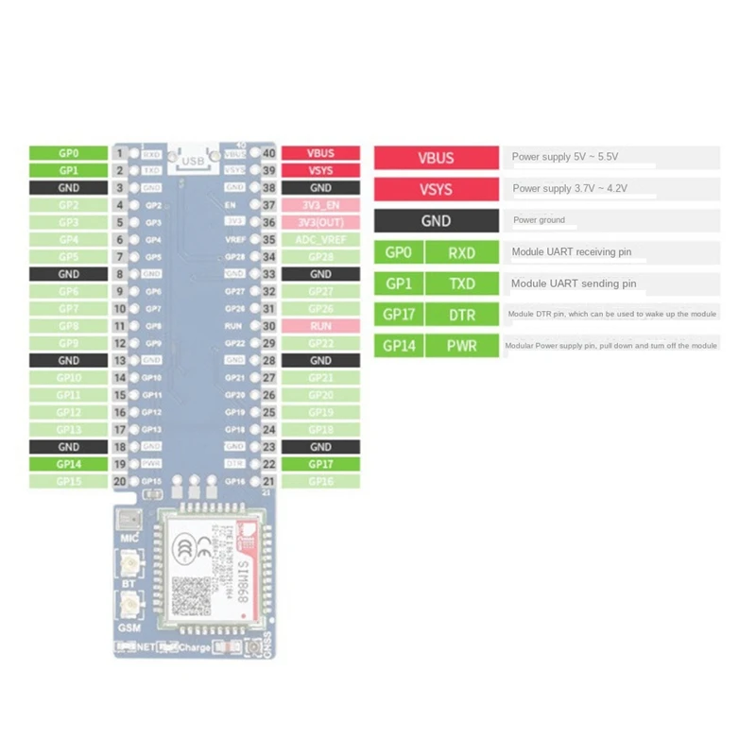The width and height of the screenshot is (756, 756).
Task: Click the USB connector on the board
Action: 193,161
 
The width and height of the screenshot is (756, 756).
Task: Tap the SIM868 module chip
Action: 206,570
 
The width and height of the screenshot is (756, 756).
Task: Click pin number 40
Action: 269,153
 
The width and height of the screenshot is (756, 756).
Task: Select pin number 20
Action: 120,481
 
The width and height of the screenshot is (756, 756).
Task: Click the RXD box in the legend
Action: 462,252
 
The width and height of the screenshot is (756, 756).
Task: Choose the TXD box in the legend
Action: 462,283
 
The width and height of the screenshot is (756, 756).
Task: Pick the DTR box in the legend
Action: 462,315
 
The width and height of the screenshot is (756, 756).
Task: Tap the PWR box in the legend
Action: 462,346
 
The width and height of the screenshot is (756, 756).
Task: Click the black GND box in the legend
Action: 436,221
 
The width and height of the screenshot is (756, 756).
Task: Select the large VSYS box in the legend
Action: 436,189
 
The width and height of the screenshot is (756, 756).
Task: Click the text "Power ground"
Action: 539,220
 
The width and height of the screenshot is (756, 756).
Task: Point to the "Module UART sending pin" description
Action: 574,283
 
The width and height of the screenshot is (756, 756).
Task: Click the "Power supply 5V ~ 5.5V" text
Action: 564,157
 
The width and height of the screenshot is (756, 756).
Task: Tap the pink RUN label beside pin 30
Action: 320,325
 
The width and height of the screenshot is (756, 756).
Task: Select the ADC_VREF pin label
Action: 320,239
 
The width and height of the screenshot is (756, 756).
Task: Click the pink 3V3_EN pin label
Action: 320,205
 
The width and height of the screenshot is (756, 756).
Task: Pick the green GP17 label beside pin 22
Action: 320,464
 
